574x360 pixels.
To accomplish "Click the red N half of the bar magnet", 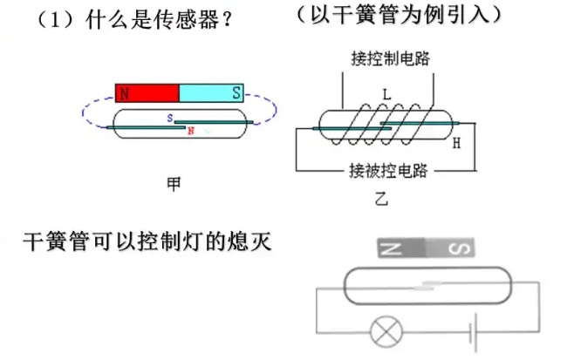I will (147, 92).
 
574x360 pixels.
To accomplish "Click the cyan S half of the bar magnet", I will (211, 92).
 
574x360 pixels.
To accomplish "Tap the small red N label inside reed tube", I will (190, 131).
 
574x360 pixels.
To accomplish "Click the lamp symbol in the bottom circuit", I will (384, 331).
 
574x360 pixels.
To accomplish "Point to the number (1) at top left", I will (53, 19).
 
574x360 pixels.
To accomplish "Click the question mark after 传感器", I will (229, 19).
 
